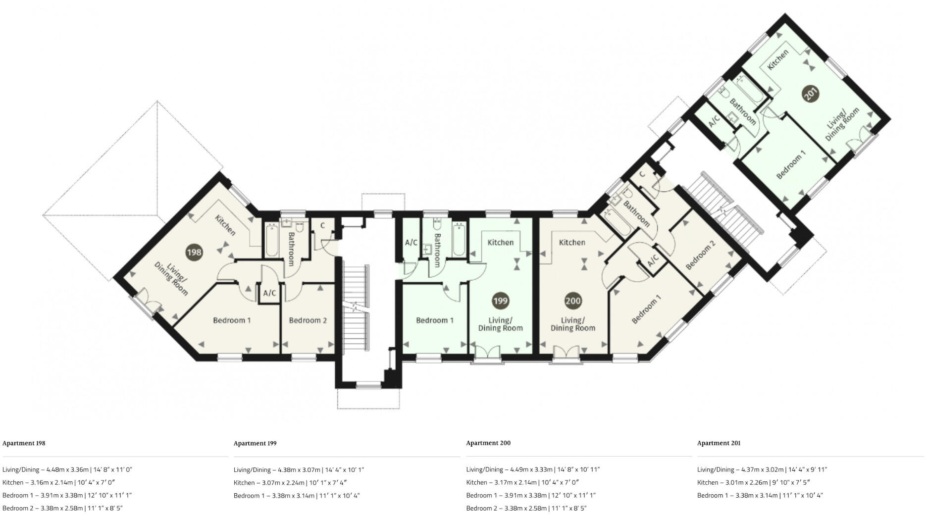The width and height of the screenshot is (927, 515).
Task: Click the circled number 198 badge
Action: tap(194, 252)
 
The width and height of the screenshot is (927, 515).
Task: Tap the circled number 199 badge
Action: tap(500, 301)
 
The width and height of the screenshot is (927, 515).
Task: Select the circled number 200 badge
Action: tap(573, 301)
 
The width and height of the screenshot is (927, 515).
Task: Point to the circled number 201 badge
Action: tap(811, 94)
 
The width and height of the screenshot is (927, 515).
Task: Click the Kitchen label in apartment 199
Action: tap(500, 242)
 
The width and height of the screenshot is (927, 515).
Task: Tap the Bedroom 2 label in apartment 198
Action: tap(308, 320)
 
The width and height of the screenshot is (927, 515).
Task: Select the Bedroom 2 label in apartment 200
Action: tap(700, 255)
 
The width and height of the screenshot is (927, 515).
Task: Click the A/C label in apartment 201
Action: tap(714, 121)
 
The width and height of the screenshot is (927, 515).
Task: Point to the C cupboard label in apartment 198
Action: tap(322, 226)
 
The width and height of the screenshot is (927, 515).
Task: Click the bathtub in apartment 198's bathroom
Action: tap(271, 240)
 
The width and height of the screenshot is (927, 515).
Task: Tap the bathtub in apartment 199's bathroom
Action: tap(459, 240)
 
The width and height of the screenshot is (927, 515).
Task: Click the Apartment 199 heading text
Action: tap(255, 443)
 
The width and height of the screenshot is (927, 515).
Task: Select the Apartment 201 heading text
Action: tap(719, 443)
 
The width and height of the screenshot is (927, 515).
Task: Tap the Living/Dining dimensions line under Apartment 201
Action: tap(762, 469)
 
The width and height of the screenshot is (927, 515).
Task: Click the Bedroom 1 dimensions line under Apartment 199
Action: tap(297, 495)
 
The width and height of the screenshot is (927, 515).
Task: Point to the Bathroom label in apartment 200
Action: tap(636, 213)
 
